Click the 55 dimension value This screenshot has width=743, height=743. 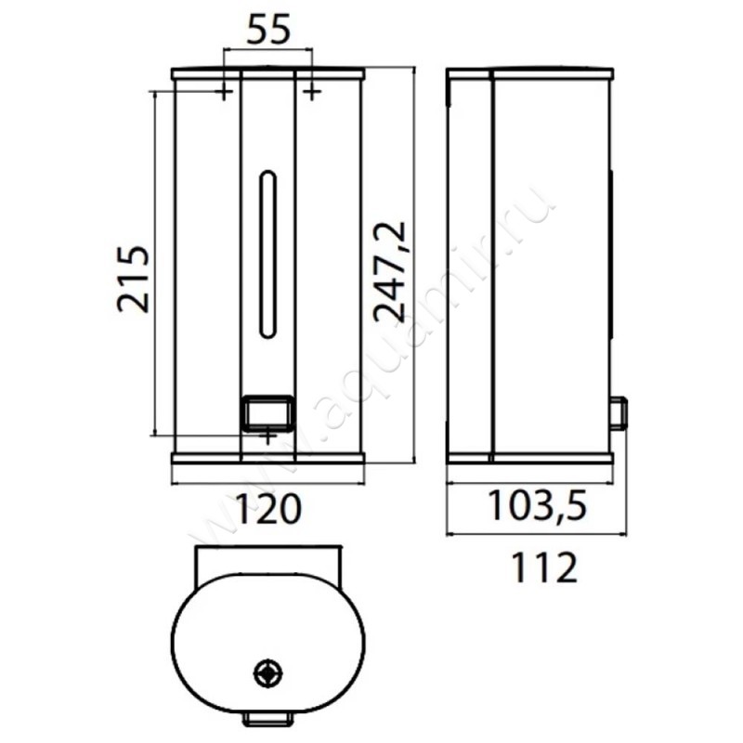[x=267, y=30]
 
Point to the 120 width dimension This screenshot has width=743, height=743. [x=267, y=509]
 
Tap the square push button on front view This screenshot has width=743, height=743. [x=267, y=411]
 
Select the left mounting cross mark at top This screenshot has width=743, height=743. [x=223, y=91]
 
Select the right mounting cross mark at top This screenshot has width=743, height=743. [x=312, y=91]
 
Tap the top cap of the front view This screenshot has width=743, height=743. [x=267, y=73]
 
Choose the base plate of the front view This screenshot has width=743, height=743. [x=267, y=458]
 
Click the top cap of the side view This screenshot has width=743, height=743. [x=529, y=73]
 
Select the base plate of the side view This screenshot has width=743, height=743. [x=529, y=458]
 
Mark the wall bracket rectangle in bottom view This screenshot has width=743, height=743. [x=267, y=563]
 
